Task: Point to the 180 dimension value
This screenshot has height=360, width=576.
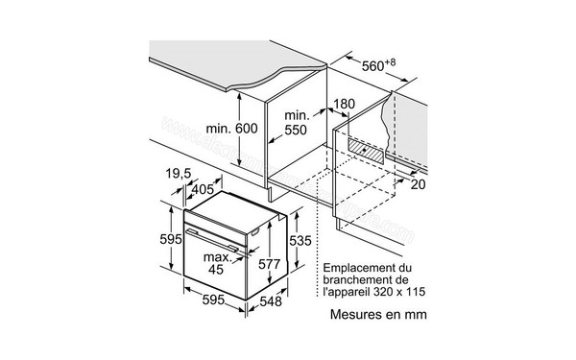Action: point(343,104)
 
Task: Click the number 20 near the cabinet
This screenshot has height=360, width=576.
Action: point(414,185)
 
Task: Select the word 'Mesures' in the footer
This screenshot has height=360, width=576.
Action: point(358,314)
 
